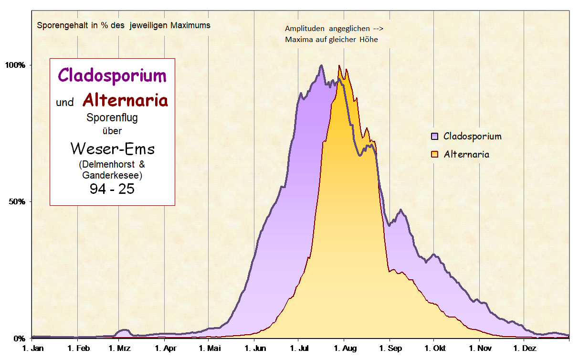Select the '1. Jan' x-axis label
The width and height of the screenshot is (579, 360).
(33, 349)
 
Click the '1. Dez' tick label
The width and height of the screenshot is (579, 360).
(524, 349)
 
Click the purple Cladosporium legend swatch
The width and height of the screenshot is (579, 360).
(434, 136)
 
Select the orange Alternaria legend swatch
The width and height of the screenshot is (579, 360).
(434, 154)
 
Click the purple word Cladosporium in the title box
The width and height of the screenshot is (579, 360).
(112, 75)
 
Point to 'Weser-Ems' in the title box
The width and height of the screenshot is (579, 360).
(112, 149)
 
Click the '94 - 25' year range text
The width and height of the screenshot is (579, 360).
(112, 189)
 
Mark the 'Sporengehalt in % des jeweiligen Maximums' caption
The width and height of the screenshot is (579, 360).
(124, 25)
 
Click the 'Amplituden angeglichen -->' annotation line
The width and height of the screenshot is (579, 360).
(334, 29)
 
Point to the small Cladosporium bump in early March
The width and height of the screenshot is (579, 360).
(124, 330)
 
